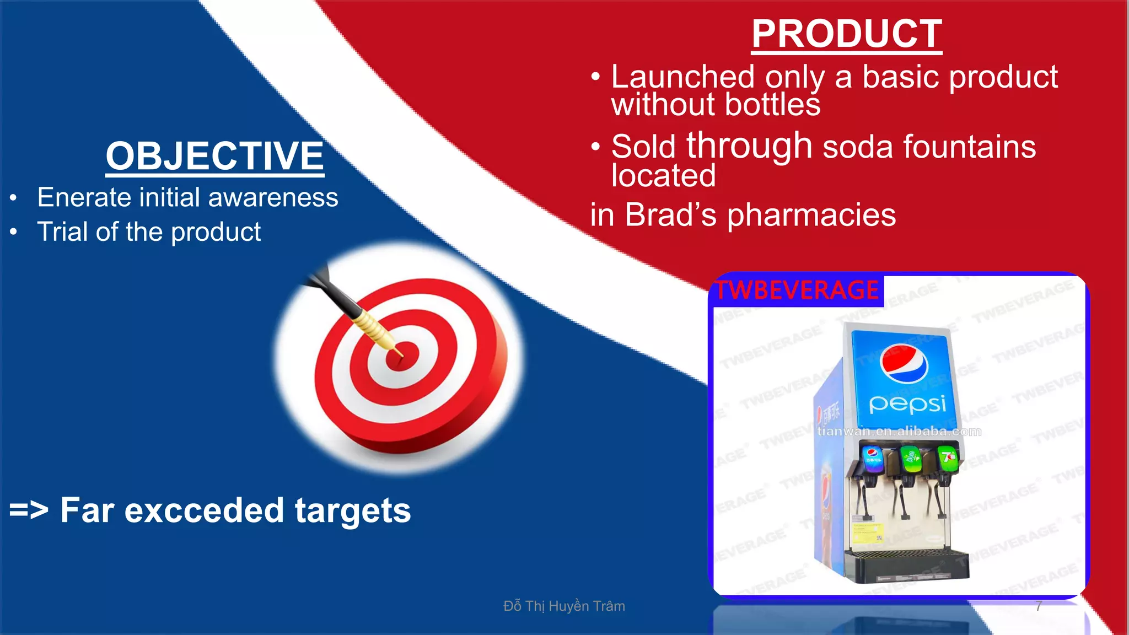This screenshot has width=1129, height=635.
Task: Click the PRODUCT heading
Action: (x=847, y=34)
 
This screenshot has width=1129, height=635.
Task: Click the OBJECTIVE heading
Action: (x=215, y=156)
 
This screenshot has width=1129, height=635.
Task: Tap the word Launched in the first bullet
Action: (x=683, y=77)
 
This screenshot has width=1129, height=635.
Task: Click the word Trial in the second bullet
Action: (x=62, y=232)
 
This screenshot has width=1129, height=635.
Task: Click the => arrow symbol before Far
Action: (x=29, y=510)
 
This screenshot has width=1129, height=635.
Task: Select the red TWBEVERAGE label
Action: (x=797, y=290)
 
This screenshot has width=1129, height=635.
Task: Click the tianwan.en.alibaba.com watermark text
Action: (x=899, y=432)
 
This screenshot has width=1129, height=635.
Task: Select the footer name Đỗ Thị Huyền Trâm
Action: (x=564, y=606)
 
